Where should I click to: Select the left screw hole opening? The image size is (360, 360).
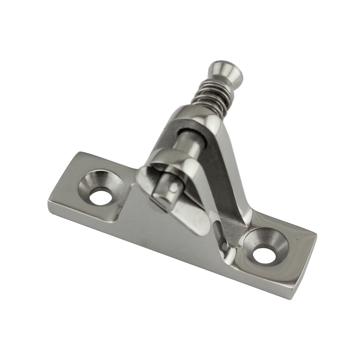click(100, 197)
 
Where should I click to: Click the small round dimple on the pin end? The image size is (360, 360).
click(175, 188)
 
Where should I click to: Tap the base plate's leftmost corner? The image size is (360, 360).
click(49, 205)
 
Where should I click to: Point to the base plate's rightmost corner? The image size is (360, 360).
click(316, 235)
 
